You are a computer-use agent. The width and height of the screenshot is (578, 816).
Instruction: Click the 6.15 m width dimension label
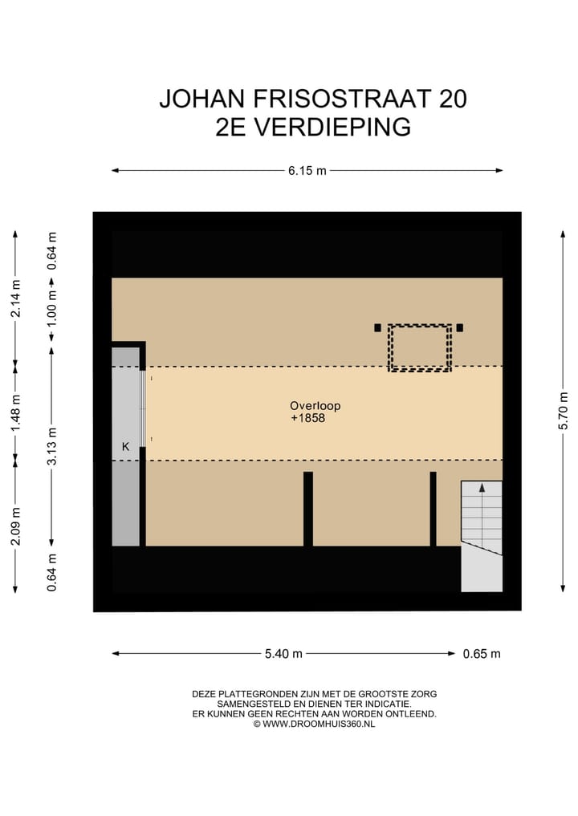(x=307, y=170)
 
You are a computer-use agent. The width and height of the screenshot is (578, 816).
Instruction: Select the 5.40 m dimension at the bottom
(x=283, y=653)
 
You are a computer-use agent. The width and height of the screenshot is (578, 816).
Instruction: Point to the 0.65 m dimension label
(x=482, y=653)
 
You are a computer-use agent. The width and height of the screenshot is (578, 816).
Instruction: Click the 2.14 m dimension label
(x=15, y=299)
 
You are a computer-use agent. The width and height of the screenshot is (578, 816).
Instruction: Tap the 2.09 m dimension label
(x=15, y=526)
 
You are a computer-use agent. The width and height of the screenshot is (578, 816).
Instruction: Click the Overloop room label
(x=309, y=406)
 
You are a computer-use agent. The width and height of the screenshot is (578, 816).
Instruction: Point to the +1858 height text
(x=308, y=418)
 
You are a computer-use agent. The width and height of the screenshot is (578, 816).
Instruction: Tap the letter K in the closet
(x=125, y=446)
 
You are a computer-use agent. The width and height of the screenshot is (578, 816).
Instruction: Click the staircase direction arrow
(x=482, y=487)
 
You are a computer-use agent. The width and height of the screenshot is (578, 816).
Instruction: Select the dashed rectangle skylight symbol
(x=420, y=347)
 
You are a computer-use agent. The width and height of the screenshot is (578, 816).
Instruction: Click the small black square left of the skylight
(x=377, y=327)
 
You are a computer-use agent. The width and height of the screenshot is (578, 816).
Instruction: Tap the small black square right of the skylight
(x=460, y=327)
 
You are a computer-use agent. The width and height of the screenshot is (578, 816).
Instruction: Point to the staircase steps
(x=481, y=522)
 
